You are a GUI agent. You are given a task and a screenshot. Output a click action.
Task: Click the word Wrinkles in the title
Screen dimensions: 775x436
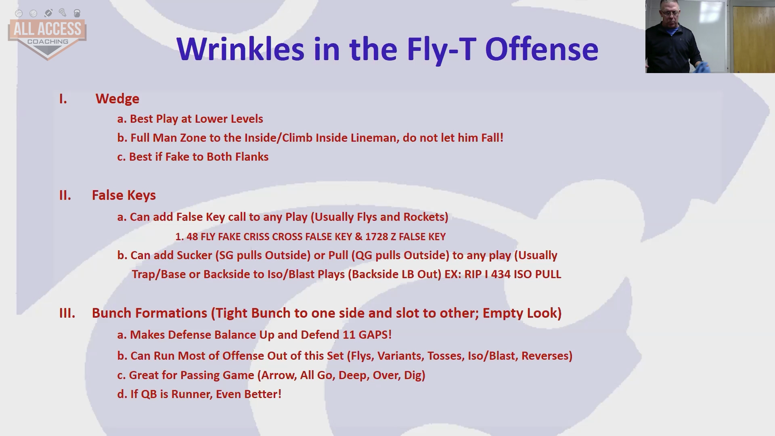coord(241,49)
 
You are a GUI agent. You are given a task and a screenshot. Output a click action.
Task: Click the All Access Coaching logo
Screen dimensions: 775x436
coord(47,35)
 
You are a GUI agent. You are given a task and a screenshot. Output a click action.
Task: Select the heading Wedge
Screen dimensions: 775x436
coord(117,99)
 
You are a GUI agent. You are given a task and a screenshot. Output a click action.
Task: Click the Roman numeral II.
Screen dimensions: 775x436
coord(65,195)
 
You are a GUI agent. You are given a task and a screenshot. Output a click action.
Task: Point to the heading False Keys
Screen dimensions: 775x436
coord(124,195)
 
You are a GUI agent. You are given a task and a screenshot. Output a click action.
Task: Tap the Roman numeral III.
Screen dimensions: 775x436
coord(67,313)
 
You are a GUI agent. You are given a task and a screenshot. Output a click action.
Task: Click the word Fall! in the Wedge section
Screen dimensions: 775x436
coord(492,138)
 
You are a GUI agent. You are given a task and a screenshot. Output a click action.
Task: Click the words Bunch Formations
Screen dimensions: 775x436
coord(149,313)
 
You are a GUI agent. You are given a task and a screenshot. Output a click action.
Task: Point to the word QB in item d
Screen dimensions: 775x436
coord(149,394)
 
